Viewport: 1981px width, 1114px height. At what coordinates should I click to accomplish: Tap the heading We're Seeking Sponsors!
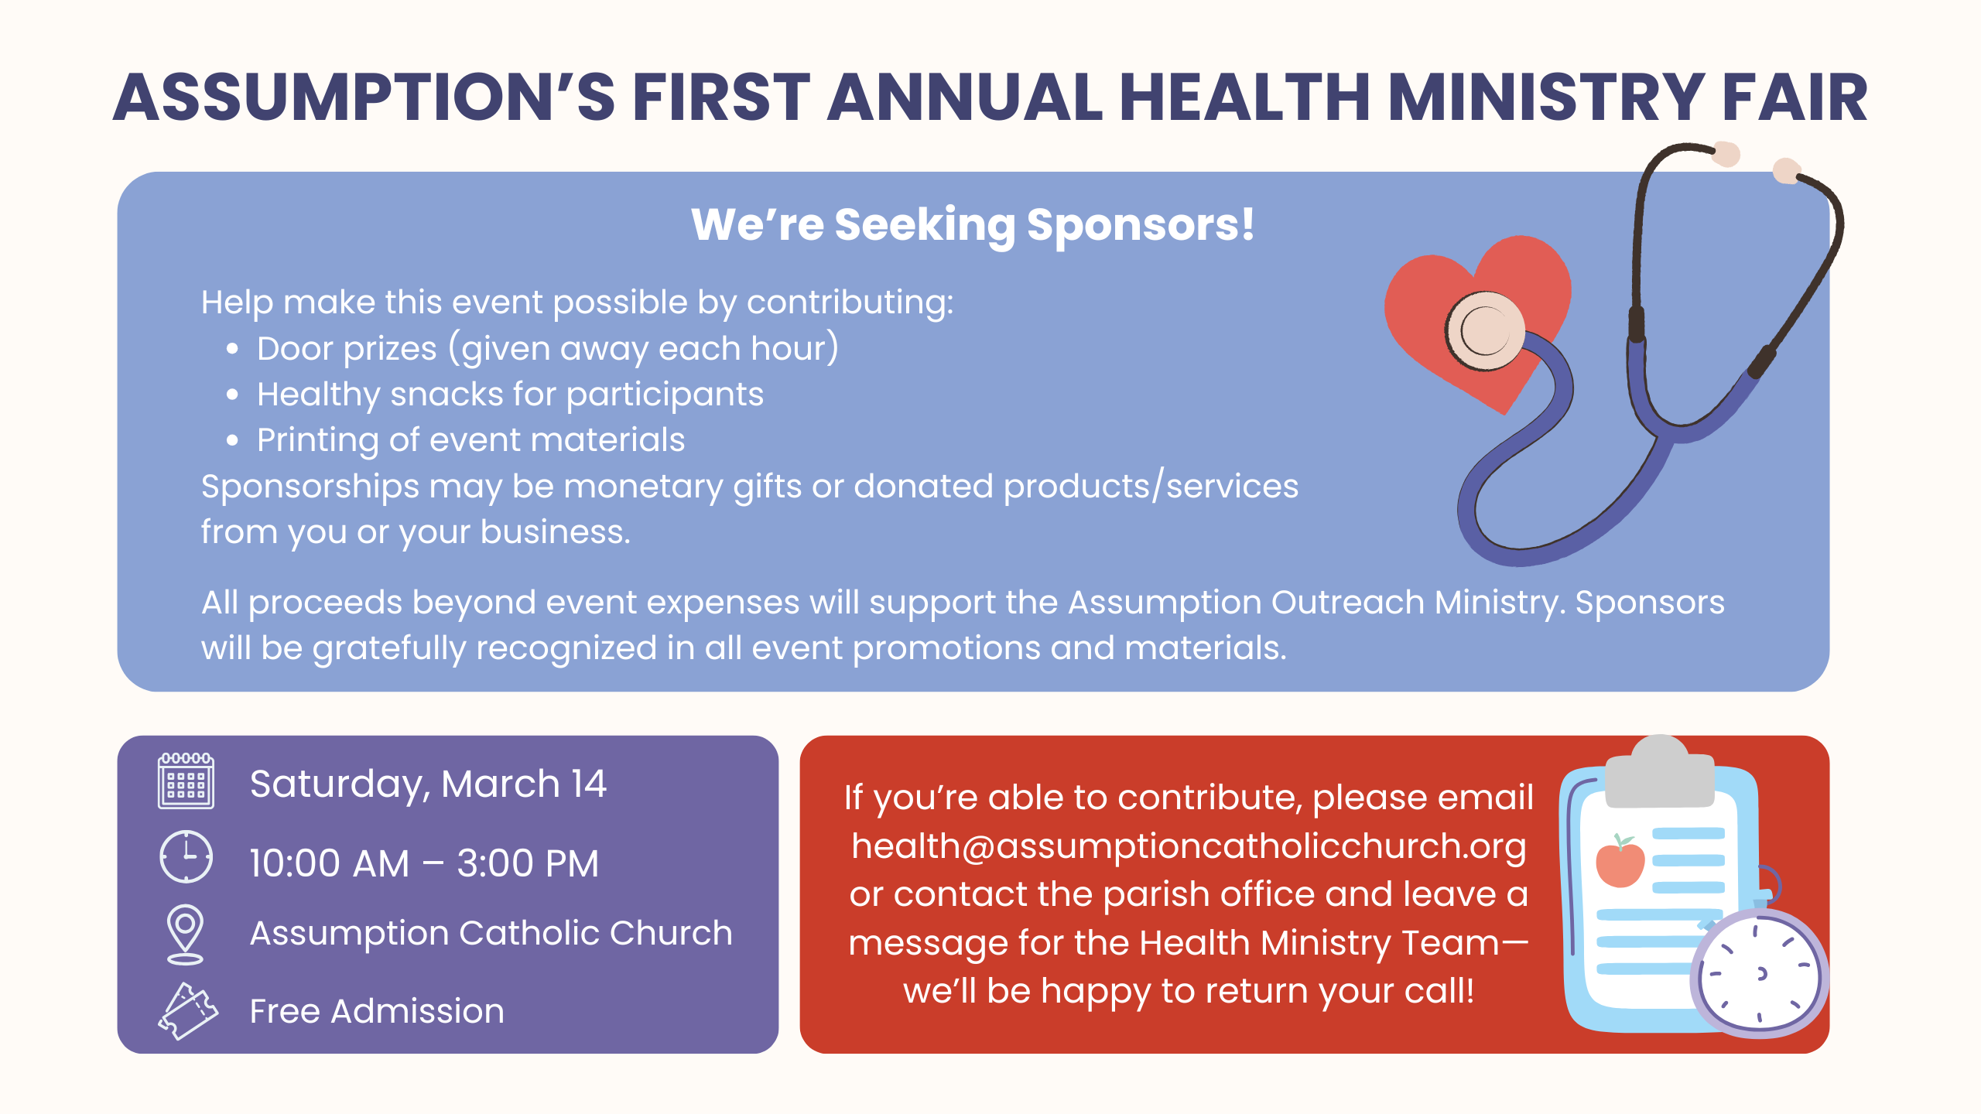coord(973,225)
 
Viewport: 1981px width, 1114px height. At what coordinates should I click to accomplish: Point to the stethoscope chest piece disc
coord(1484,331)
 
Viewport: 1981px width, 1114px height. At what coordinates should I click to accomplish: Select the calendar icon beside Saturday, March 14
coord(186,781)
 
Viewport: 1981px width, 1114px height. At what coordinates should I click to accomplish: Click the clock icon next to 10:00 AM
coord(186,856)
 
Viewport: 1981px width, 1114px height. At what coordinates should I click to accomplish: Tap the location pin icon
coord(185,935)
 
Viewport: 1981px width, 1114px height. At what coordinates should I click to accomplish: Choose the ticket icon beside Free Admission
coord(188,1011)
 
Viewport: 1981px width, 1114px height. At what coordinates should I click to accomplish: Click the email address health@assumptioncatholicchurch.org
coord(1189,846)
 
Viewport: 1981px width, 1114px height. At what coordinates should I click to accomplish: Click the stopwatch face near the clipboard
coord(1759,974)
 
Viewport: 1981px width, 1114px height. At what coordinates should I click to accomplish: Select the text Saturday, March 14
coord(428,784)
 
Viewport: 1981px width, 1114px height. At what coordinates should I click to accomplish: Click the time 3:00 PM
coord(528,863)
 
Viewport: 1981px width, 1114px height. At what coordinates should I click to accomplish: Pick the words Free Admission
coord(377,1011)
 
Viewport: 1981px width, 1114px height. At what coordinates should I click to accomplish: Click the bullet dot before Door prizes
coord(232,350)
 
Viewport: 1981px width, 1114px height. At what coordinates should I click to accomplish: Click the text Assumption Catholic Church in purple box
coord(491,934)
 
